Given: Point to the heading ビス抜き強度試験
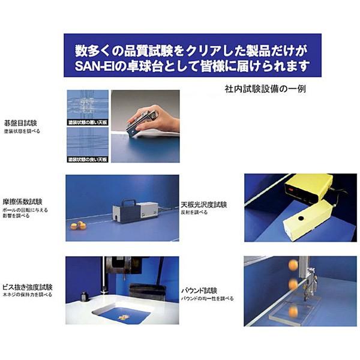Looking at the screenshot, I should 28,287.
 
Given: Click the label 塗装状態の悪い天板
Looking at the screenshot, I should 88,122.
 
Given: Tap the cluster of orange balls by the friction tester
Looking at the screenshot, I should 77,226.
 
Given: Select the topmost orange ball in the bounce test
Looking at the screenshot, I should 293,264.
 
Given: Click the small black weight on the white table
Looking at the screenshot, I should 85,296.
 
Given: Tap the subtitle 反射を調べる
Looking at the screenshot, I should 194,212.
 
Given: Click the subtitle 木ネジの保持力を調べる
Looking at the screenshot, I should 29,295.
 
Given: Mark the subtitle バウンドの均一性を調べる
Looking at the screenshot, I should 208,298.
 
